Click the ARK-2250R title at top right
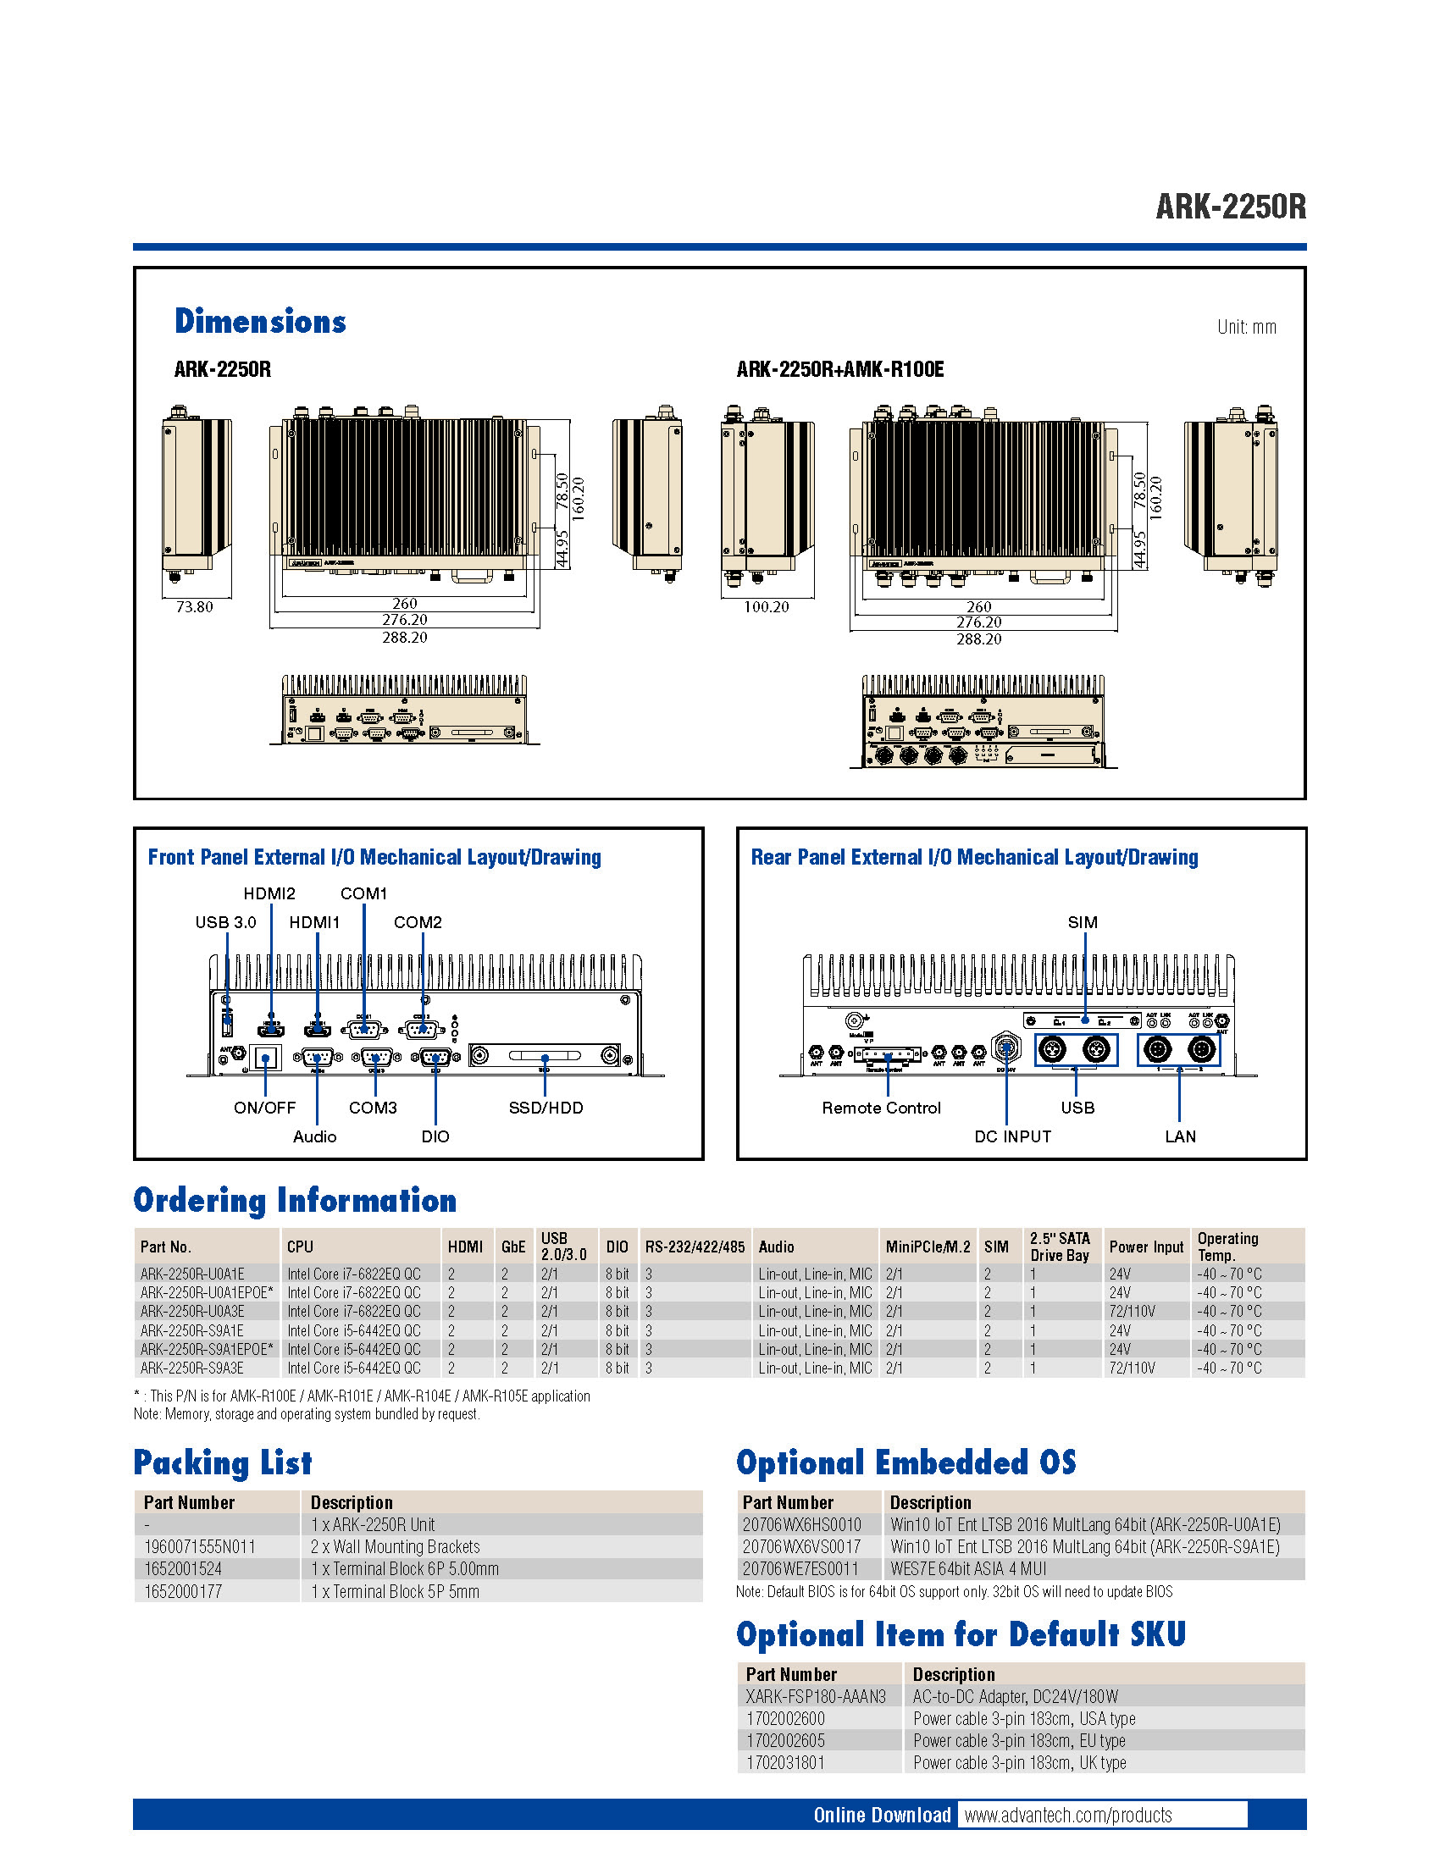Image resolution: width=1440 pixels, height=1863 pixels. pyautogui.click(x=1230, y=207)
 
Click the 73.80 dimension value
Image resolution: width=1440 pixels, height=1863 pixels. pyautogui.click(x=195, y=607)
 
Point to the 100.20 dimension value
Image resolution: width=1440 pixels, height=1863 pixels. pyautogui.click(x=766, y=607)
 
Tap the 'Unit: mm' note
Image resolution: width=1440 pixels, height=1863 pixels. pyautogui.click(x=1246, y=328)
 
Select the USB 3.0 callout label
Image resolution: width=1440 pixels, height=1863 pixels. pyautogui.click(x=225, y=922)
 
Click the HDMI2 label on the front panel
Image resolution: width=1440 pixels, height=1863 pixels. pyautogui.click(x=269, y=893)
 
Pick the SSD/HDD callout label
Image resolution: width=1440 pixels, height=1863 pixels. pyautogui.click(x=546, y=1108)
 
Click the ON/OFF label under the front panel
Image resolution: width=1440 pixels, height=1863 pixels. pyautogui.click(x=264, y=1108)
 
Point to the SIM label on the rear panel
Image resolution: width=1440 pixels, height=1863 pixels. pyautogui.click(x=1083, y=922)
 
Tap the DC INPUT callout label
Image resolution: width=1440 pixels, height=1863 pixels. pyautogui.click(x=1012, y=1137)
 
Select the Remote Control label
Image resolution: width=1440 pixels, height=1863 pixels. pyautogui.click(x=881, y=1108)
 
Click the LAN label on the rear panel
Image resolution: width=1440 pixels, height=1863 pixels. pyautogui.click(x=1181, y=1137)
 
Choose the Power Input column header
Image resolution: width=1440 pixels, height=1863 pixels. pyautogui.click(x=1146, y=1247)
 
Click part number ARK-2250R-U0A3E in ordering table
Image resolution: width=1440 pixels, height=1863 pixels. pyautogui.click(x=193, y=1311)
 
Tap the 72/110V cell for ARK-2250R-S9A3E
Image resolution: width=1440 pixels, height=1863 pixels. pyautogui.click(x=1132, y=1368)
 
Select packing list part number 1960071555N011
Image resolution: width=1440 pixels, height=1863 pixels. pyautogui.click(x=200, y=1547)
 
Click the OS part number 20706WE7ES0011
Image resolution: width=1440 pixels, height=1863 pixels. pyautogui.click(x=800, y=1569)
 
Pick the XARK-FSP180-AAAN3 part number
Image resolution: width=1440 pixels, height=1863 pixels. pyautogui.click(x=816, y=1697)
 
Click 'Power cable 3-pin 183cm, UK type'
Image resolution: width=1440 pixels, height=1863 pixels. pyautogui.click(x=1019, y=1763)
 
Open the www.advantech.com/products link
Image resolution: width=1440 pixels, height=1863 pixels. pyautogui.click(x=1068, y=1816)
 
